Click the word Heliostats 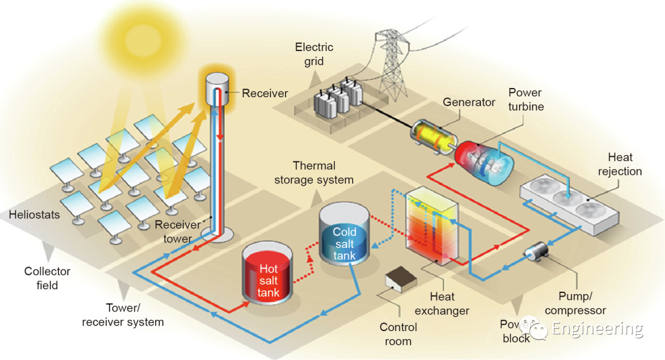click(35, 215)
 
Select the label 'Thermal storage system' click(314, 173)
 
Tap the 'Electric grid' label click(314, 54)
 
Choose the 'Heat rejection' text click(619, 164)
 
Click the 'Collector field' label click(47, 278)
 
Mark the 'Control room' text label click(398, 334)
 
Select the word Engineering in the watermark click(597, 329)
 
